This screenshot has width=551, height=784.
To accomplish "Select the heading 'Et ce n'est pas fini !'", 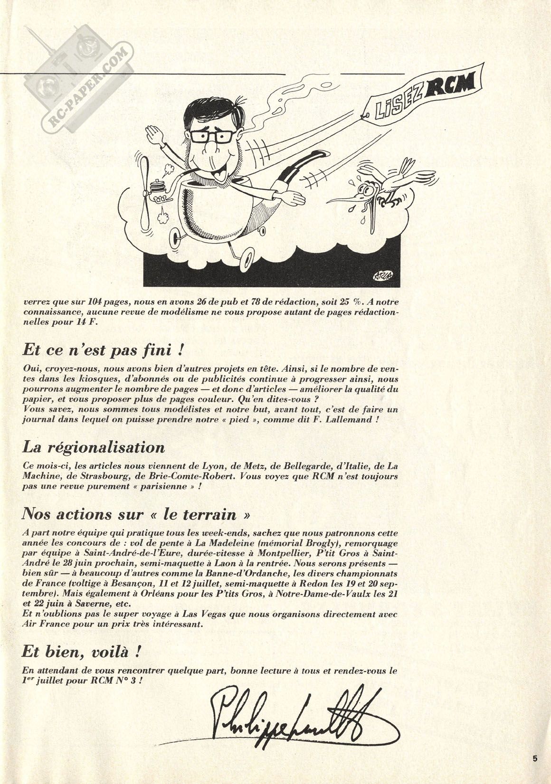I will pos(103,351).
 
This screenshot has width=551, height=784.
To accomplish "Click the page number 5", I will pos(535,759).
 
